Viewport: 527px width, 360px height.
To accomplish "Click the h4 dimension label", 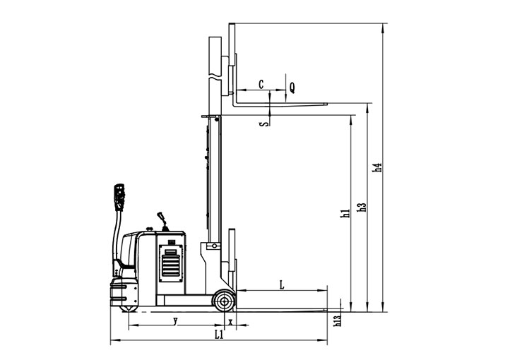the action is (x=379, y=167).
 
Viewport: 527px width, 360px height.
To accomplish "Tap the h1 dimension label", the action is (x=345, y=213).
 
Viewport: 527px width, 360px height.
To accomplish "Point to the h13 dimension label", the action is (x=338, y=319).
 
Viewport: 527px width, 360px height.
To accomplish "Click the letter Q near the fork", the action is (x=292, y=88).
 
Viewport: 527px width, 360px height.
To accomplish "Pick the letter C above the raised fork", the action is (x=261, y=84).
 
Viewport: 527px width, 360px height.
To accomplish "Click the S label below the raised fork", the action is (x=266, y=124).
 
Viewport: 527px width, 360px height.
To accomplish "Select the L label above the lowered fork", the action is (x=282, y=285).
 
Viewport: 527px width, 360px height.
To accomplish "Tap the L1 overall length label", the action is (x=219, y=335).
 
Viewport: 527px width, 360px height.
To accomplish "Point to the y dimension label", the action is (x=175, y=320).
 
